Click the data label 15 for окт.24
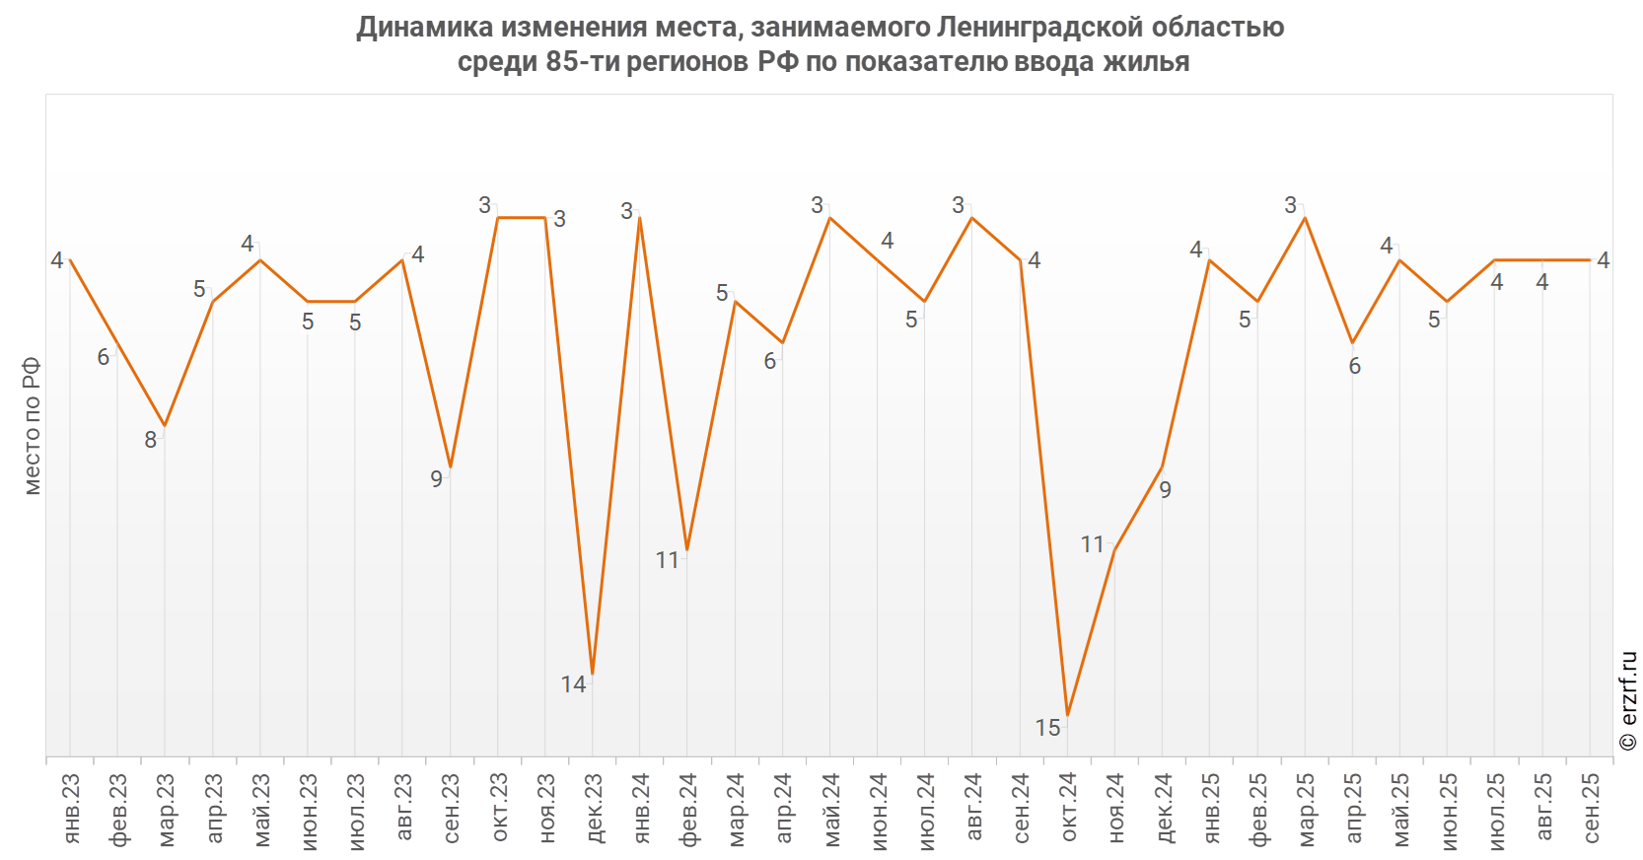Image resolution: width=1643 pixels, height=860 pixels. pos(1047,728)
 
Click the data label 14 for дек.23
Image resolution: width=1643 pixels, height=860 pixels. pos(573,684)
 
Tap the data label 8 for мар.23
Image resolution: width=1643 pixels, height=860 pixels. pos(151,440)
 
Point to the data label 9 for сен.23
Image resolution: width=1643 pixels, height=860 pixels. pos(436,479)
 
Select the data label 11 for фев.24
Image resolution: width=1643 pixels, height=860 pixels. pos(668,560)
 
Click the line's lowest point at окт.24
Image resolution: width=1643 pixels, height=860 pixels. pos(1067,715)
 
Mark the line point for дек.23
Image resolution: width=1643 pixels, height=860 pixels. pos(593,674)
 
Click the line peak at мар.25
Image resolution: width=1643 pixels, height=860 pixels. pos(1305,217)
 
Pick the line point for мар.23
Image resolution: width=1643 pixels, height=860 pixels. pos(165,426)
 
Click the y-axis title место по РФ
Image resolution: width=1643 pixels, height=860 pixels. pos(32,426)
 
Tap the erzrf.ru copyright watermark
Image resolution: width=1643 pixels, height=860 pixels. pos(1628,700)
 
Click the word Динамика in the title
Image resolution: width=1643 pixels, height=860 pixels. pos(426,27)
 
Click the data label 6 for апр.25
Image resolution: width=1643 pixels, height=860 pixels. pos(1354,367)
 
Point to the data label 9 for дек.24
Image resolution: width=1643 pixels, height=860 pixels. pos(1165,490)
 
